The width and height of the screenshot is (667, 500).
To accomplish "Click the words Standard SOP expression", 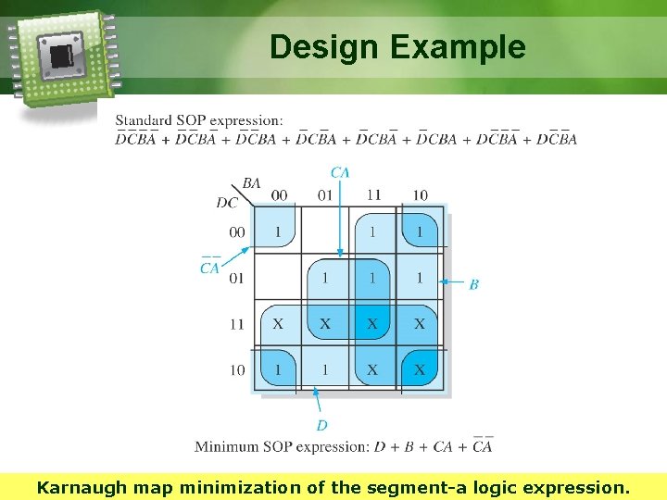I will click(x=199, y=120).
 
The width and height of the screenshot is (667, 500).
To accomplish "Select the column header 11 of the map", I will click(x=372, y=195).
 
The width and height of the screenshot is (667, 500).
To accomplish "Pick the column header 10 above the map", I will click(x=420, y=195).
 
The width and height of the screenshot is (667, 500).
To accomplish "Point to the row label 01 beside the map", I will click(x=237, y=278).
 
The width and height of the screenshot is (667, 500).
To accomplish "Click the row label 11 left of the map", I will click(x=237, y=324).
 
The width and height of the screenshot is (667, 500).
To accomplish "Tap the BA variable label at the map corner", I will click(x=251, y=183).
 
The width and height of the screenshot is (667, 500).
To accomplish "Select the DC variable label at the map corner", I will click(x=227, y=203).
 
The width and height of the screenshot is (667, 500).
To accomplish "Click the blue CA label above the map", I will click(x=340, y=172).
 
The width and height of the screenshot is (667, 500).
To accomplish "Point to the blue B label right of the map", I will click(x=473, y=284).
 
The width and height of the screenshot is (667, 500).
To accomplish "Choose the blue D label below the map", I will click(x=321, y=425).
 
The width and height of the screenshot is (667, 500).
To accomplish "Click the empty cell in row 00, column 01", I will click(x=325, y=231).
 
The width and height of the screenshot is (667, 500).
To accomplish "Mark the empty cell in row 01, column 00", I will click(x=278, y=278).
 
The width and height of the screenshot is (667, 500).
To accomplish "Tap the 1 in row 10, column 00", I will click(x=278, y=369).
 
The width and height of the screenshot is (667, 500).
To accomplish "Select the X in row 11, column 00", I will click(x=278, y=324).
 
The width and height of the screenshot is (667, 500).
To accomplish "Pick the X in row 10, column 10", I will click(x=420, y=369).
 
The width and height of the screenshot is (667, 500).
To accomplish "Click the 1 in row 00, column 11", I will click(x=372, y=231).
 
